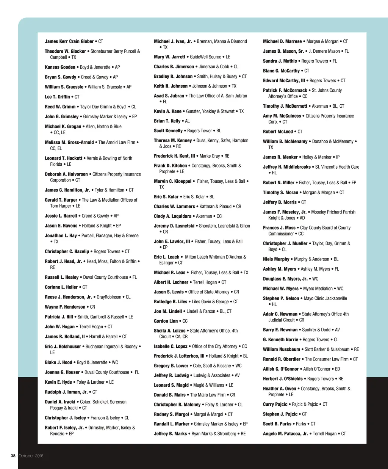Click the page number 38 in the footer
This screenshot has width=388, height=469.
coord(13,456)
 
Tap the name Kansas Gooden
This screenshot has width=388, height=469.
coord(60,67)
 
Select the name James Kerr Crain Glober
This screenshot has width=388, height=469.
coord(69,41)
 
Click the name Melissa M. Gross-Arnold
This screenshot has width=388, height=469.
coord(69,143)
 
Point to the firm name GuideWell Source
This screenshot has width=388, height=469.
coord(205,57)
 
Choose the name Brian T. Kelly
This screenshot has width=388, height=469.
coord(167,121)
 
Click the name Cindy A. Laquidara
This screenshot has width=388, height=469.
coord(172,216)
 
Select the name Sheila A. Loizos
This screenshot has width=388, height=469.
coord(169,331)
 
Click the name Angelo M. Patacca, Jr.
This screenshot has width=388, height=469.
coord(285,434)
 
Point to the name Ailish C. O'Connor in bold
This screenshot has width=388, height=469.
coord(281,369)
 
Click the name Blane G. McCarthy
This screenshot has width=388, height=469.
coord(281,71)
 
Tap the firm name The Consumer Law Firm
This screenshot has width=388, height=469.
coord(327,359)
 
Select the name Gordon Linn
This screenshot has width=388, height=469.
coord(166,321)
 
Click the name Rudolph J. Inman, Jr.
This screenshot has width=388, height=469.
coord(66,392)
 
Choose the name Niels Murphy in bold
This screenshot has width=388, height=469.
coord(276,259)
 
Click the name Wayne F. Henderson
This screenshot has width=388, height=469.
coord(65,307)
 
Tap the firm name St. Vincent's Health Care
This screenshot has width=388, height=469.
coord(337,167)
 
